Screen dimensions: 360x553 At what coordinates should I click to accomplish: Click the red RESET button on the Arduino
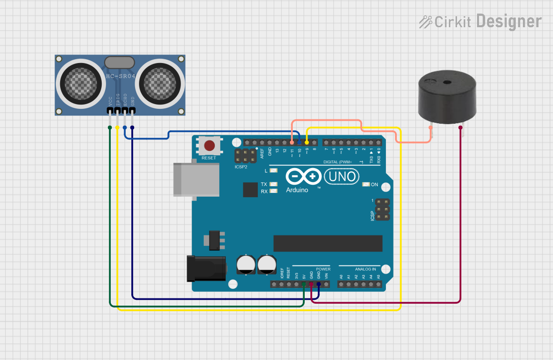[209, 146]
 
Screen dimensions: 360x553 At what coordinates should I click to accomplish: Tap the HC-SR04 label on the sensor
[121, 76]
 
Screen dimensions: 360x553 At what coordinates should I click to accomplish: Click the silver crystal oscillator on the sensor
[119, 62]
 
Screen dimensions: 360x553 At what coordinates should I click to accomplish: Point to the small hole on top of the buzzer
[447, 82]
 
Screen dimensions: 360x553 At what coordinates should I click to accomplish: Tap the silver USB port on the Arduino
[196, 179]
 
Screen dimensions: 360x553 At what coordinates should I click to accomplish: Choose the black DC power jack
[206, 268]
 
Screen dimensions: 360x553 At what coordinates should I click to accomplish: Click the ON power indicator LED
[366, 185]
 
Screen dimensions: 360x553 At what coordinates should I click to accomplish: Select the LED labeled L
[274, 170]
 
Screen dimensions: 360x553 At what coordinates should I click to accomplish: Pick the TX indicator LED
[274, 184]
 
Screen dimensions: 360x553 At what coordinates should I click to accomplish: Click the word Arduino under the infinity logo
[297, 190]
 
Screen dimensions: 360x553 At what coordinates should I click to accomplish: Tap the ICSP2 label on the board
[241, 167]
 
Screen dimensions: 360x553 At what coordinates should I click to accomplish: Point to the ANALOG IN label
[365, 269]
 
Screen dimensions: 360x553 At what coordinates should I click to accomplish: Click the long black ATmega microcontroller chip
[328, 243]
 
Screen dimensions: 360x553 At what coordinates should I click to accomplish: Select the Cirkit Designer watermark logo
[480, 21]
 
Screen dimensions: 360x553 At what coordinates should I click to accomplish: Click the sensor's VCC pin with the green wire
[110, 111]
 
